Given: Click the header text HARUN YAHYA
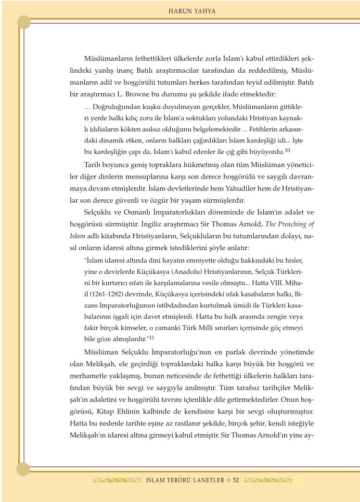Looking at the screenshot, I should (192, 10).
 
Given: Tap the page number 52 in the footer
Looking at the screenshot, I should (236, 480).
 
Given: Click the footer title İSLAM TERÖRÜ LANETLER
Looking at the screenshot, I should (185, 480).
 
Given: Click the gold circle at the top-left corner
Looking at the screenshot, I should (24, 22).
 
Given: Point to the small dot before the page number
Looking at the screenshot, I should (229, 480).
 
